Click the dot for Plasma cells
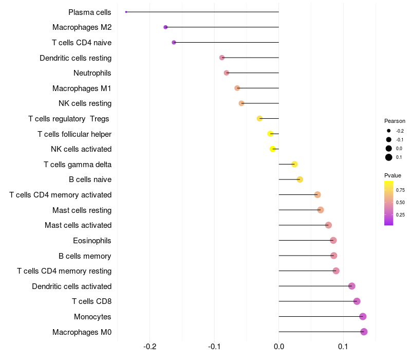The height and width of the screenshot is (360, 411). [x=126, y=12]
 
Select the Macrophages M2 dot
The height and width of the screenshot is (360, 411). [x=165, y=27]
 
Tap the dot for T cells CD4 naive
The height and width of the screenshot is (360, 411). [x=174, y=42]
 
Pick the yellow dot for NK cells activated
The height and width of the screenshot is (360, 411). [x=273, y=149]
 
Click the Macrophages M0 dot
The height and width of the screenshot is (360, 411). [x=364, y=332]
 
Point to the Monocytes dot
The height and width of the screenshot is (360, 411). [x=363, y=317]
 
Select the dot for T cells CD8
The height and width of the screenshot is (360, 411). [x=357, y=301]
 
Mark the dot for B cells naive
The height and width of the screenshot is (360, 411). [x=300, y=179]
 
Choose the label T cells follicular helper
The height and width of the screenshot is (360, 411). [x=74, y=134]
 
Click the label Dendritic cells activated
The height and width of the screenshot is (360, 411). [x=72, y=286]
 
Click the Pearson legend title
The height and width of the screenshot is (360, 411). [x=395, y=121]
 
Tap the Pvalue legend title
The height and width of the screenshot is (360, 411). [x=393, y=175]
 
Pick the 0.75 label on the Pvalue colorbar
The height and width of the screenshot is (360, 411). [x=400, y=190]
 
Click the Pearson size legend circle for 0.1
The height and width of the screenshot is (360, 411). [x=389, y=157]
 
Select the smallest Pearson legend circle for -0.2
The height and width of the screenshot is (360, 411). [x=389, y=131]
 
